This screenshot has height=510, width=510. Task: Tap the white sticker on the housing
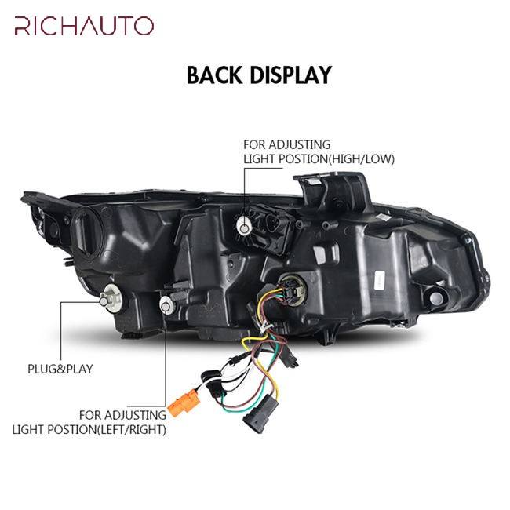(378, 276)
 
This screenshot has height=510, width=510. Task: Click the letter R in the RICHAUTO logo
(21, 26)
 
